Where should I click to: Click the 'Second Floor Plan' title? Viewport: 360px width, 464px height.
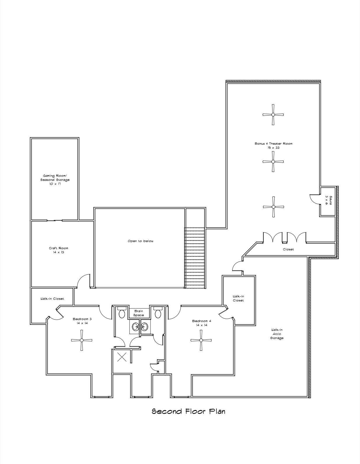188,411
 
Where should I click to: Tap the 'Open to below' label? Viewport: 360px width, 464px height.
140,241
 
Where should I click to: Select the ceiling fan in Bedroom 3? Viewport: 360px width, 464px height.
81,340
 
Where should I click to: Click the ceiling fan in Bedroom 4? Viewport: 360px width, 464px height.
201,340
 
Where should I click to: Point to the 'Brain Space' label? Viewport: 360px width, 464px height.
139,313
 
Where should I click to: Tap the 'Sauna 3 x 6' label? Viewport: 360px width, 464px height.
328,200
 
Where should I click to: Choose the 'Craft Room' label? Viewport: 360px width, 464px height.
58,248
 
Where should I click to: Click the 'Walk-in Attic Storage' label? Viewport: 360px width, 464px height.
277,334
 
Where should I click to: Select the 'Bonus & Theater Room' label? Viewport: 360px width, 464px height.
273,144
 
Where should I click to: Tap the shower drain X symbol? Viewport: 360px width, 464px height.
122,357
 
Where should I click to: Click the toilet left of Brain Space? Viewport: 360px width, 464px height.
122,313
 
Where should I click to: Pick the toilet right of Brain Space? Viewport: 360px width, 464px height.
158,313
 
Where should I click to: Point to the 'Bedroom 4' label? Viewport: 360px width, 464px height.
202,321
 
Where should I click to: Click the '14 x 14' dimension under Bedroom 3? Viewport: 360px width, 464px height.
82,323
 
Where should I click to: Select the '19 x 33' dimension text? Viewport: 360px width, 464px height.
273,148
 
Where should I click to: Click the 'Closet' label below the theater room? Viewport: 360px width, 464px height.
288,250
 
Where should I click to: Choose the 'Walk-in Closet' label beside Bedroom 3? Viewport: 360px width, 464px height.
52,299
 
